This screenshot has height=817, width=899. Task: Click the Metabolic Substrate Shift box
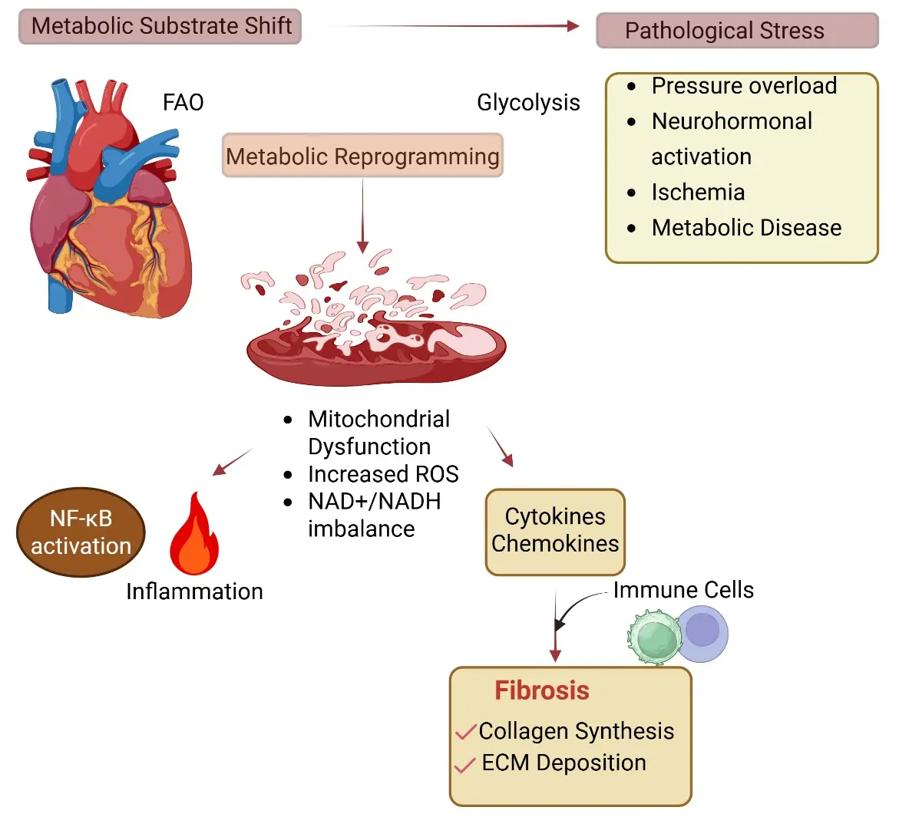coord(160,26)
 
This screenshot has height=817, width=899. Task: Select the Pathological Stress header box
coord(737,31)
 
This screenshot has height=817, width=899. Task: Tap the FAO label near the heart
coord(183,103)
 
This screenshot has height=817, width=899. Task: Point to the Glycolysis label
coord(528,103)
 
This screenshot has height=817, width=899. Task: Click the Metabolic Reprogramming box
coord(362,156)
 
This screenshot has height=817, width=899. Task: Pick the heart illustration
coord(109,198)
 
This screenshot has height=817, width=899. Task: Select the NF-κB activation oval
coord(81,532)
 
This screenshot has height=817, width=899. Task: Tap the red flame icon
coord(194,534)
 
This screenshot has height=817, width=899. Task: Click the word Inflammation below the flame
coord(194,591)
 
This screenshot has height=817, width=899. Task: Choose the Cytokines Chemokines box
coord(555,532)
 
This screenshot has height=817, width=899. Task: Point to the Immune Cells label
coord(683,590)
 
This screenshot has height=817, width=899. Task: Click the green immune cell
coord(655,637)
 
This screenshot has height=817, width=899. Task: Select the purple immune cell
coord(704,634)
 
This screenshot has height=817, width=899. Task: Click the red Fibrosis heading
coord(542,691)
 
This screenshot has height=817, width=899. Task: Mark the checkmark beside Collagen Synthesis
coord(465,732)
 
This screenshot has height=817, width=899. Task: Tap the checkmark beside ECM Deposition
coord(464,765)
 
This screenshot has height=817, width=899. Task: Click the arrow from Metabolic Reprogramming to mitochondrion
coord(362,216)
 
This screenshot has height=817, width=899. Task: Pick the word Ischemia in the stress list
coord(698,193)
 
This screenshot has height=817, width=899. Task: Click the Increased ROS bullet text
coord(383,474)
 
